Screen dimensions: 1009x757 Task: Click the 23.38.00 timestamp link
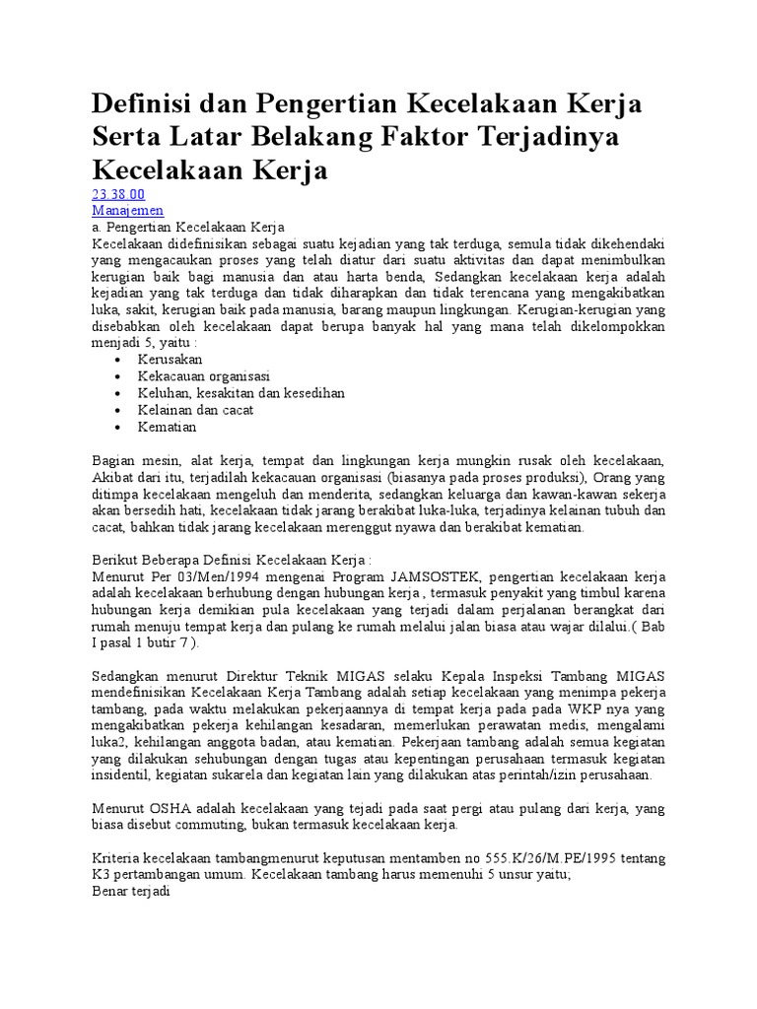(118, 194)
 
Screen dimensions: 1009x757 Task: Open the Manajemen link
(128, 211)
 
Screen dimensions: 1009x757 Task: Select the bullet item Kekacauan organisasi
(204, 376)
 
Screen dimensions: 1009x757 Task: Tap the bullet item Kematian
(168, 427)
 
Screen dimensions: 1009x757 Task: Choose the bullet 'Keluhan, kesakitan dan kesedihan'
(241, 393)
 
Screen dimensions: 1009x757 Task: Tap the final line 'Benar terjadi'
(131, 894)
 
